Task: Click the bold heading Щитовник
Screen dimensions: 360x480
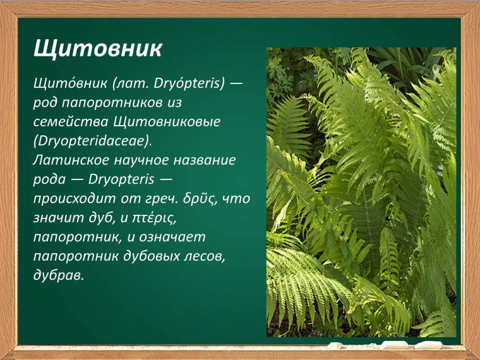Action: tap(98, 49)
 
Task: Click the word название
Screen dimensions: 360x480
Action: tap(205, 160)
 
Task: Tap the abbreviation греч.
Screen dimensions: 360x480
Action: tap(163, 198)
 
